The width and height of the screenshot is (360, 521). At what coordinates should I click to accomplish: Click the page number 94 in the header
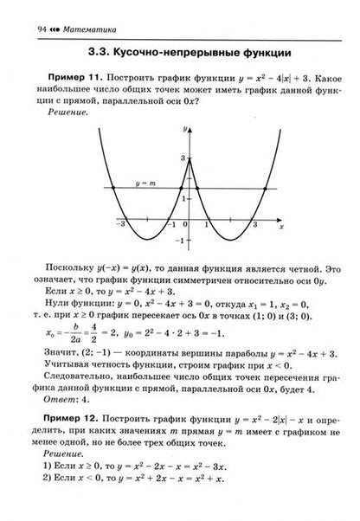coord(16,8)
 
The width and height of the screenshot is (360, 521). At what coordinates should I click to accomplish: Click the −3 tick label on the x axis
coord(125,224)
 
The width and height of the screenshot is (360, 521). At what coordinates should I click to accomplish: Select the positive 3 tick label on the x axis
coord(254,224)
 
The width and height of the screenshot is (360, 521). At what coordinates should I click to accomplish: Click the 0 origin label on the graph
coord(185,224)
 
